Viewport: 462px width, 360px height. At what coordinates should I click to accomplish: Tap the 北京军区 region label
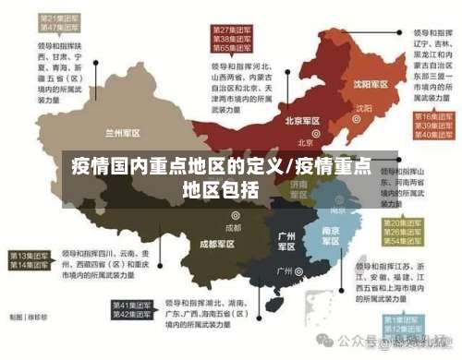pos(302,120)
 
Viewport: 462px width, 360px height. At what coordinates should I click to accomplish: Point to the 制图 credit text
pos(25,342)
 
